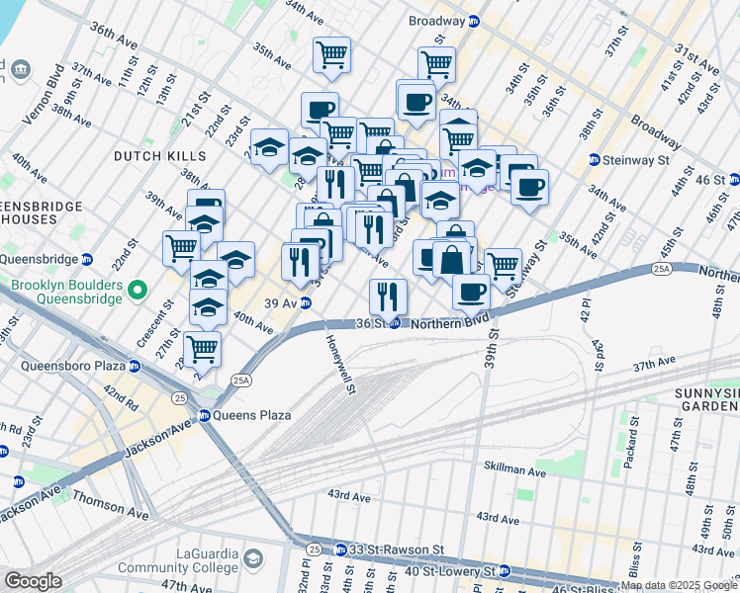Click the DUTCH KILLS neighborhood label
click(159, 156)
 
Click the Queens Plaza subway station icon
click(205, 415)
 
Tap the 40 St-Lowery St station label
click(455, 571)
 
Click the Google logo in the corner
click(33, 581)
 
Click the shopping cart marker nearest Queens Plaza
click(202, 347)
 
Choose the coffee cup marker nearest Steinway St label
click(529, 185)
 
